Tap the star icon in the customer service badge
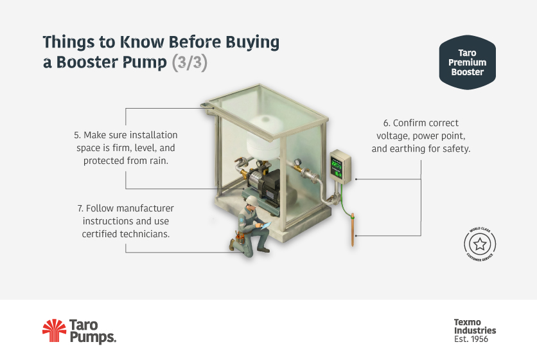click(x=480, y=244)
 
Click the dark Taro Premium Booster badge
click(x=467, y=63)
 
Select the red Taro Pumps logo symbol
click(x=54, y=330)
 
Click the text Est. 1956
click(x=475, y=339)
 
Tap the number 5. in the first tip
click(x=77, y=136)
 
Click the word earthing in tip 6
click(x=416, y=148)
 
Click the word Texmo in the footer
click(x=467, y=322)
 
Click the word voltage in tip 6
click(x=393, y=136)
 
